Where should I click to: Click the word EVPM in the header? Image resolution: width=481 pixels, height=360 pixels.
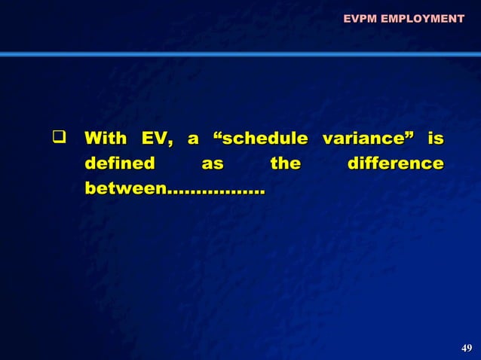(x=360, y=18)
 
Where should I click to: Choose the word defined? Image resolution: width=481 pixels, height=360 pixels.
(x=120, y=163)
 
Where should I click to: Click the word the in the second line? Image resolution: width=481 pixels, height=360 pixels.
(x=286, y=163)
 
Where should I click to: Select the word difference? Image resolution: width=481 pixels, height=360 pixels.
(x=394, y=163)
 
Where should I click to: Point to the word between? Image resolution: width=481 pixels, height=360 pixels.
(x=124, y=188)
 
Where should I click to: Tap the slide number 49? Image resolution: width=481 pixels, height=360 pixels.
(x=467, y=347)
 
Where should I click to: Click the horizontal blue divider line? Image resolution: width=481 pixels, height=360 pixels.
(x=240, y=54)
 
